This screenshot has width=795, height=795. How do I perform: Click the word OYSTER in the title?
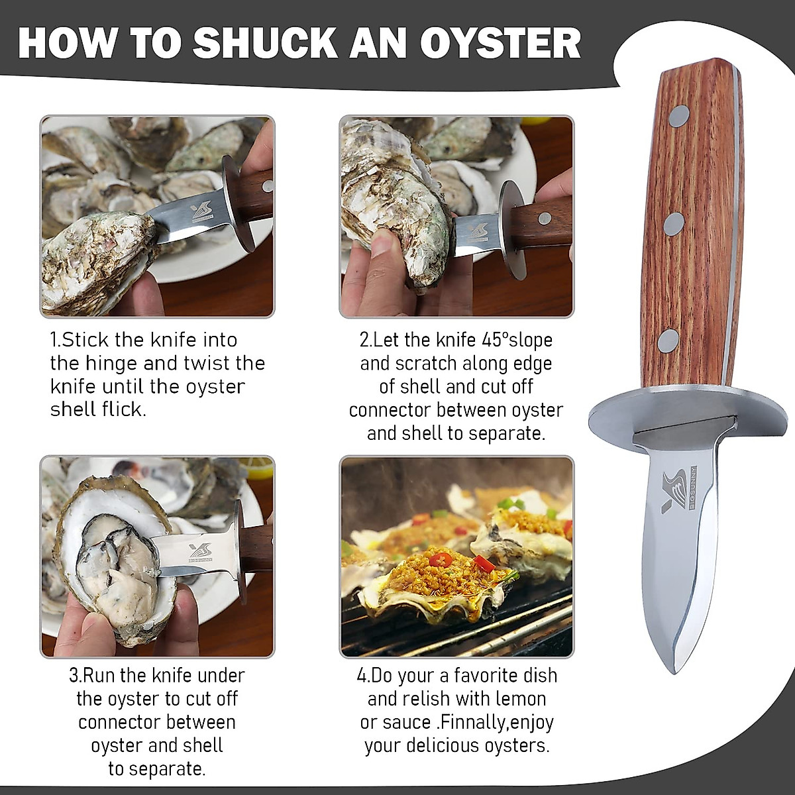(x=500, y=43)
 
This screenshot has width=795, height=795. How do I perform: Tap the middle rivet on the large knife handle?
(x=674, y=224)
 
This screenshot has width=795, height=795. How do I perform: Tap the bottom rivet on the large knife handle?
(x=668, y=341)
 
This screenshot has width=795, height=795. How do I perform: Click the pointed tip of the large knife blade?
(x=674, y=670)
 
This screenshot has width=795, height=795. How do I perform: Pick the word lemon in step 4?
(x=518, y=699)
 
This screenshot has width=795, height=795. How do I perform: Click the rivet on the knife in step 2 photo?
(x=545, y=218)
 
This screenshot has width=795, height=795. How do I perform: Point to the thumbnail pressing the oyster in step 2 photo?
(x=382, y=242)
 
